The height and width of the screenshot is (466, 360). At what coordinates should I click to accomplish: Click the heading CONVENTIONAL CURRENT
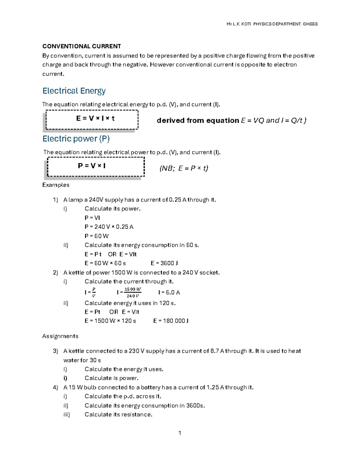82,46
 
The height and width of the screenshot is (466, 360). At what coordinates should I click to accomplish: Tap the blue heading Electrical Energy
74,91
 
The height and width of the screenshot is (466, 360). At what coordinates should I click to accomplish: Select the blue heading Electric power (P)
76,139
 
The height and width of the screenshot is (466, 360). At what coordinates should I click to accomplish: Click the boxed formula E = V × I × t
95,119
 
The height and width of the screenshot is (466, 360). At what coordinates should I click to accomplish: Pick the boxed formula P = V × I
92,166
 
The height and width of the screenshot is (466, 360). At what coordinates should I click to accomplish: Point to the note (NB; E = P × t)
184,168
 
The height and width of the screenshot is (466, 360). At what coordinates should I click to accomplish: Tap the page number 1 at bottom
180,433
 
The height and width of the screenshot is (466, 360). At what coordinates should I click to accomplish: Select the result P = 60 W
97,236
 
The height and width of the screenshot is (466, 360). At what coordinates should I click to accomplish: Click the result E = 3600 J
164,263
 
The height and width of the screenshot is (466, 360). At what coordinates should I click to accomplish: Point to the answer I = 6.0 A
169,292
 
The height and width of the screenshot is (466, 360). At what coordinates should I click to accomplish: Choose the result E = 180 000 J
171,321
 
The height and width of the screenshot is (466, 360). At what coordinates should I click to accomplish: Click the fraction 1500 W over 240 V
133,293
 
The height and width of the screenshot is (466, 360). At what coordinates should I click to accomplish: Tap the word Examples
56,185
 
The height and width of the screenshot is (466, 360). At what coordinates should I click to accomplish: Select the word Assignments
60,336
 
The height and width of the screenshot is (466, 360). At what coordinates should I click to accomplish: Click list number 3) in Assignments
55,351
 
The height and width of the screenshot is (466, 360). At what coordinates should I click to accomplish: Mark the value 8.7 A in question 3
217,351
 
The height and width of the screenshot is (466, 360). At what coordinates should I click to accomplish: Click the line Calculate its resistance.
118,414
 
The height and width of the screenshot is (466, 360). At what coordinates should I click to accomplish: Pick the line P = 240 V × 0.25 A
109,227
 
